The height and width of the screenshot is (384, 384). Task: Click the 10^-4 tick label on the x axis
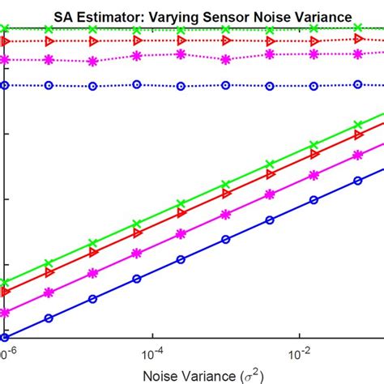tap(152, 354)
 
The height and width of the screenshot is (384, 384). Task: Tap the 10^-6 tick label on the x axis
tap(8, 354)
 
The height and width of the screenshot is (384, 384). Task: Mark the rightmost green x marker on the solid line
tap(358, 126)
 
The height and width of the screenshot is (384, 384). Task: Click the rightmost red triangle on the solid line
tap(358, 134)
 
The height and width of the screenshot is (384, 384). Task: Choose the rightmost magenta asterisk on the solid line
tap(358, 152)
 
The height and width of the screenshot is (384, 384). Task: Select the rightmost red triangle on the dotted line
tap(358, 37)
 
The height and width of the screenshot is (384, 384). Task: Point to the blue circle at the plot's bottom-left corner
tap(5, 337)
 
